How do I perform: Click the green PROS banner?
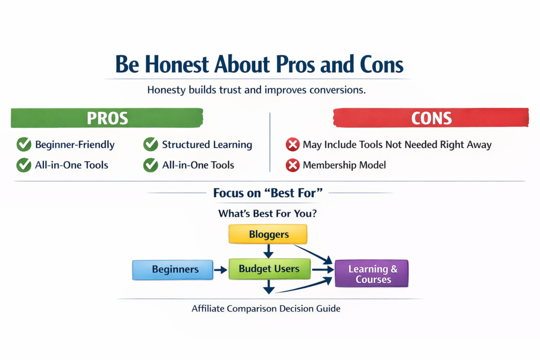[107, 118]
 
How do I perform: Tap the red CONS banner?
[431, 118]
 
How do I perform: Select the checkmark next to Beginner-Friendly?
[24, 144]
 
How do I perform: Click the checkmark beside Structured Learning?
[151, 144]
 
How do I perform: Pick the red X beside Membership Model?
[292, 166]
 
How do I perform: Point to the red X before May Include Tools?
[292, 144]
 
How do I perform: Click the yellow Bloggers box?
[268, 234]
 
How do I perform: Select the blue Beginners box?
[172, 269]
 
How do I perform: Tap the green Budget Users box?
[269, 269]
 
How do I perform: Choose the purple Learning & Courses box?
[372, 274]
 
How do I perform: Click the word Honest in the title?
[176, 64]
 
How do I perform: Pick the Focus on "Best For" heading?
[267, 193]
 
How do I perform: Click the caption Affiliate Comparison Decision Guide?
[266, 309]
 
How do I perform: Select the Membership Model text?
[344, 166]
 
